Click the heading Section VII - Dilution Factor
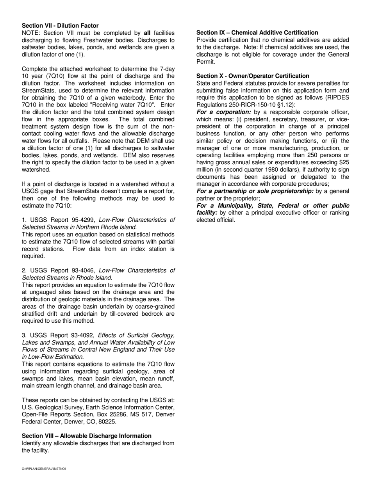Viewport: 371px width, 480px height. pos(60,25)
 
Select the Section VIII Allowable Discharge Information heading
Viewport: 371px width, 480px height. pos(86,436)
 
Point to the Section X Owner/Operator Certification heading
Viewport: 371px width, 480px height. pos(253,76)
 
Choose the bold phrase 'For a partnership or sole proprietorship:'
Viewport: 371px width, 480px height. pos(255,191)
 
